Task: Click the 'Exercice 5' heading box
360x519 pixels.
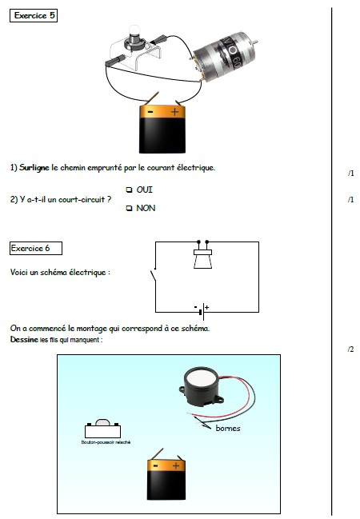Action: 34,15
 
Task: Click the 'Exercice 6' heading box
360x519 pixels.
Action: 36,248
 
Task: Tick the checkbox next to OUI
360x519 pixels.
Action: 129,190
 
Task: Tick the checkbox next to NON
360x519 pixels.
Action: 129,208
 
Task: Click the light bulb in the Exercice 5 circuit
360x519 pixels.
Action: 134,37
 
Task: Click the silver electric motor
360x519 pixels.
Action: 222,55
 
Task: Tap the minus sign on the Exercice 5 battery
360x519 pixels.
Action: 150,112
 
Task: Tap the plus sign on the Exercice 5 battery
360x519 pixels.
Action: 174,112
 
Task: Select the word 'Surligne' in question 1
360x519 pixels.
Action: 34,168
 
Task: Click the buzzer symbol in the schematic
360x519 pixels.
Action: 202,255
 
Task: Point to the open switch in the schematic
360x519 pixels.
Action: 154,276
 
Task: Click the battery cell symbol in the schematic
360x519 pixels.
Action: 202,311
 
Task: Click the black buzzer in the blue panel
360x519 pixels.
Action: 201,388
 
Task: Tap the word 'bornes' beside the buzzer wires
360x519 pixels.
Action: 228,429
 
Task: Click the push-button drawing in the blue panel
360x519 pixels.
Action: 102,429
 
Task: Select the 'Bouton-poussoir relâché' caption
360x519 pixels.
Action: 106,442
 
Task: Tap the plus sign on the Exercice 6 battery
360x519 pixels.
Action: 175,466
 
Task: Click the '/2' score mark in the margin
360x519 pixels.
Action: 350,349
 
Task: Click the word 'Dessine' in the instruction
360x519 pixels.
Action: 24,340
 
